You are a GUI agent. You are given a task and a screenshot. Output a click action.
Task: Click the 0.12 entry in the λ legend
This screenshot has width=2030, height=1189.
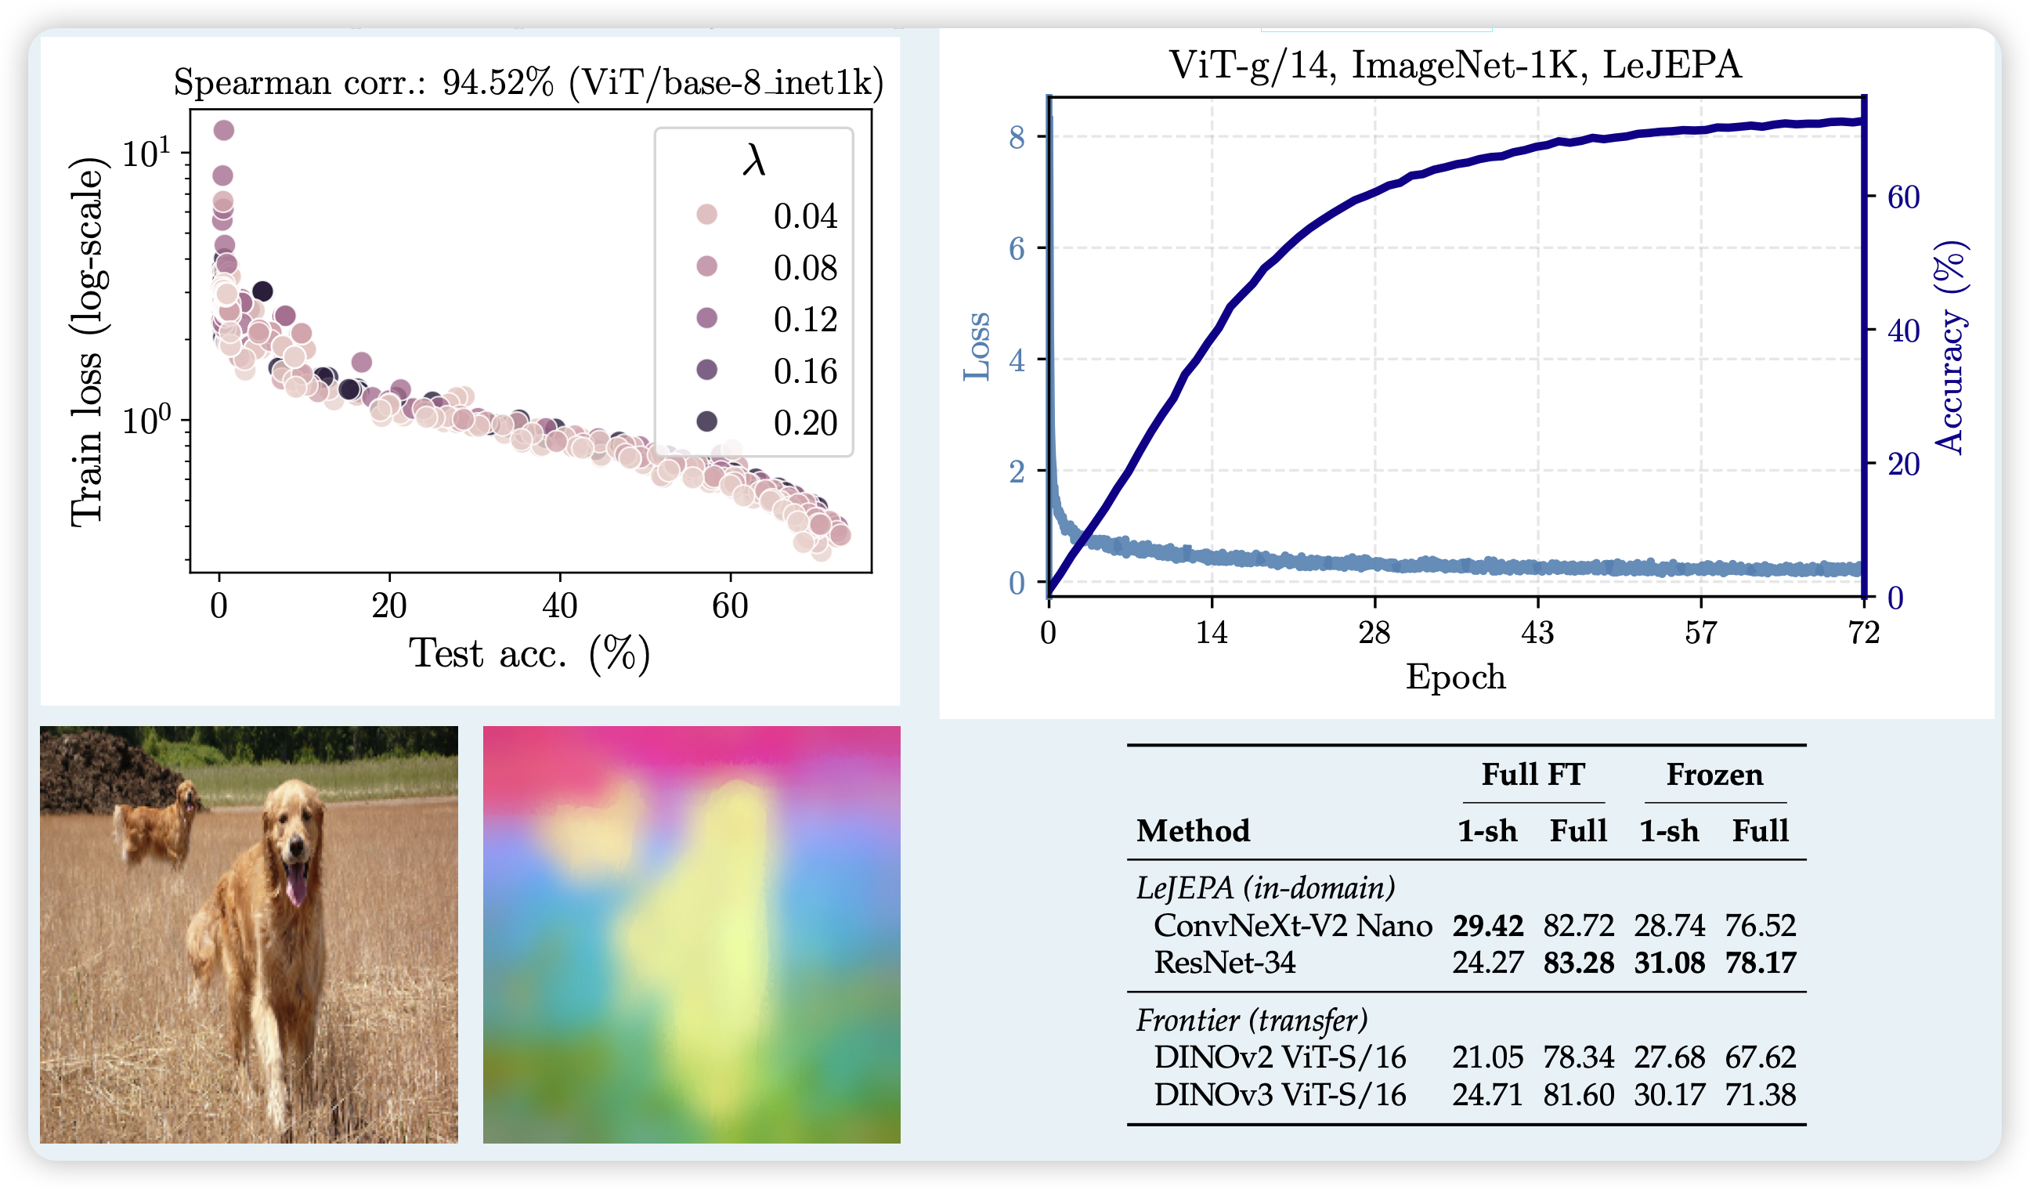(804, 320)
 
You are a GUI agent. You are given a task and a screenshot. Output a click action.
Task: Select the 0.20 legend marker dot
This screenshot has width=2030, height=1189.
(706, 421)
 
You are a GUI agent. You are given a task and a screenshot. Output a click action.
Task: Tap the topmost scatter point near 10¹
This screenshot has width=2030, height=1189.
(223, 130)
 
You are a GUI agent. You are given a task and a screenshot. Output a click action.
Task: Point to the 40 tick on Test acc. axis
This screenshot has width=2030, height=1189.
(559, 605)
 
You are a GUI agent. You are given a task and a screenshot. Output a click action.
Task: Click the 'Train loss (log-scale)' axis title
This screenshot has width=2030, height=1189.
(88, 342)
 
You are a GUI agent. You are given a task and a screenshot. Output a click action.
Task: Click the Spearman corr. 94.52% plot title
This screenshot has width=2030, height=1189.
(529, 82)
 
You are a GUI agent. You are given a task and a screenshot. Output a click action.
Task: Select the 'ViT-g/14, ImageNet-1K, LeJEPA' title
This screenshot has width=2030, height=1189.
(1455, 64)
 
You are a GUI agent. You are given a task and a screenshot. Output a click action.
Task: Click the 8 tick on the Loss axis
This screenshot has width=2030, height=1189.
(1017, 137)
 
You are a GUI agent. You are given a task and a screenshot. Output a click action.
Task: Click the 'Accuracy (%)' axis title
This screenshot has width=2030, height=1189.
(1949, 346)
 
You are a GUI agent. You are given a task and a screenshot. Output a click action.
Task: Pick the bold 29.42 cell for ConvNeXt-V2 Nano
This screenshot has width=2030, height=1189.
(1487, 926)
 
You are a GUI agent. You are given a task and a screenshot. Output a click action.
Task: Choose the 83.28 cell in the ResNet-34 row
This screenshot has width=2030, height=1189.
(1578, 963)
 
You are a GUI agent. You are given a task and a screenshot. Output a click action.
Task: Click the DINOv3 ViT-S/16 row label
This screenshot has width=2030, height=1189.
(1279, 1095)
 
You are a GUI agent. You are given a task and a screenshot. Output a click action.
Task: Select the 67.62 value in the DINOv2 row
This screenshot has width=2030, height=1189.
(1760, 1057)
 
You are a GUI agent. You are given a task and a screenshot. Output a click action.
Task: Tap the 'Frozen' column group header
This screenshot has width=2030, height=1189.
(1714, 774)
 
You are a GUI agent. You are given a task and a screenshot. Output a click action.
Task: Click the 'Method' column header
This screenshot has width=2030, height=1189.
(1193, 830)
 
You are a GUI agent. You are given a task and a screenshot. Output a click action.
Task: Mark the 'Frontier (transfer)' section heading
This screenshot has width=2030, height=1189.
(1252, 1021)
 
